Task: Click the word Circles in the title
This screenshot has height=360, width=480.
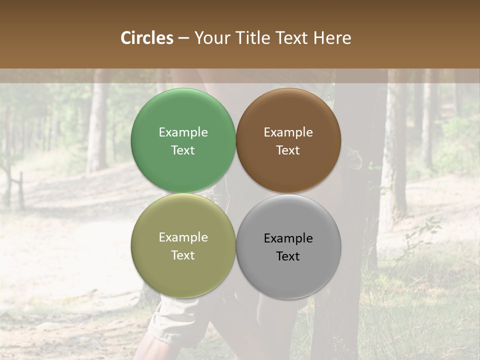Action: click(x=146, y=38)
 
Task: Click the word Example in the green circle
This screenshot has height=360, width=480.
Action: click(x=183, y=132)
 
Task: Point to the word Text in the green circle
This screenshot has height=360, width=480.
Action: click(x=183, y=150)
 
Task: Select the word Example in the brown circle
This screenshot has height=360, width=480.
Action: click(x=288, y=132)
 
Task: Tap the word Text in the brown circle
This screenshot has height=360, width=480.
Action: click(x=288, y=150)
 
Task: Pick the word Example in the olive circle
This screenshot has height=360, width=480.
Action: click(x=183, y=237)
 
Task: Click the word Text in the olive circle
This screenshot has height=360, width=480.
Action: click(x=183, y=255)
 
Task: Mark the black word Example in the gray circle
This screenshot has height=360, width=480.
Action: click(x=288, y=238)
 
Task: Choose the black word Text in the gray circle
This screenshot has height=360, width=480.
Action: click(x=288, y=256)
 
